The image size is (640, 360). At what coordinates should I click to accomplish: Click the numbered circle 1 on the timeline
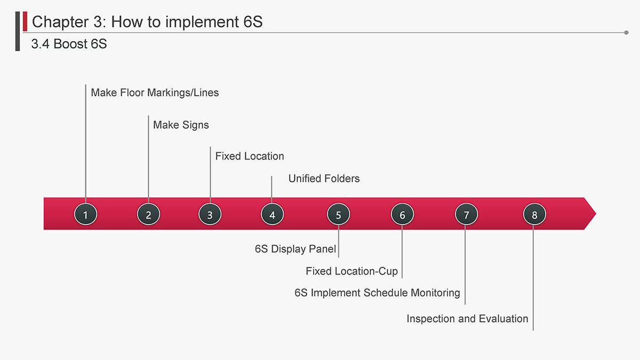tap(85, 214)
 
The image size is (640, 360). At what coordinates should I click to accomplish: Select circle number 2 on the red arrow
tap(148, 214)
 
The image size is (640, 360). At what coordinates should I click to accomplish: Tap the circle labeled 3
tap(210, 214)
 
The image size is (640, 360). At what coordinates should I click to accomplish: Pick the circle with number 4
tap(273, 214)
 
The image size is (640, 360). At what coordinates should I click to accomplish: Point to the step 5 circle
tap(338, 214)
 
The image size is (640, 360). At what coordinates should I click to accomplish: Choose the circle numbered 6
tap(402, 214)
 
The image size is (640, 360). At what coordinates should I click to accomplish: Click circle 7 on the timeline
tap(466, 214)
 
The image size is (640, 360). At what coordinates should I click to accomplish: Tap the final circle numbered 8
tap(534, 214)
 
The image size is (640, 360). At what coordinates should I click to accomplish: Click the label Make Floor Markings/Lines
tap(155, 93)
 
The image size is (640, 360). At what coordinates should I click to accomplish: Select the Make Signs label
tap(181, 125)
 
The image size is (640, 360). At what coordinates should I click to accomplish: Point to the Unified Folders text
tap(324, 179)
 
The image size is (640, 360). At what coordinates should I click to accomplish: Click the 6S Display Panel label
tap(295, 249)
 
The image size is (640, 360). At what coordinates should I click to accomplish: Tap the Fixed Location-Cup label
tap(351, 271)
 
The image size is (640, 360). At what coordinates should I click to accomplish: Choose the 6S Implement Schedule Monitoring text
tap(377, 293)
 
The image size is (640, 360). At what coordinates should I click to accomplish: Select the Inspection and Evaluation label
tap(467, 318)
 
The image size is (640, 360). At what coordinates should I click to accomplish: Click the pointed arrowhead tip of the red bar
tap(596, 213)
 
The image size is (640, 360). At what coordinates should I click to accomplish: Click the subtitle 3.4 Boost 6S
tap(69, 44)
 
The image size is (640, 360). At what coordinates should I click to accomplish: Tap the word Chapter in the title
tap(60, 22)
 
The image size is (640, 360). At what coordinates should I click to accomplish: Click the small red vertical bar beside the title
tap(25, 21)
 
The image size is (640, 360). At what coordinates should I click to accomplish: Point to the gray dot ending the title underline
tap(626, 33)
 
